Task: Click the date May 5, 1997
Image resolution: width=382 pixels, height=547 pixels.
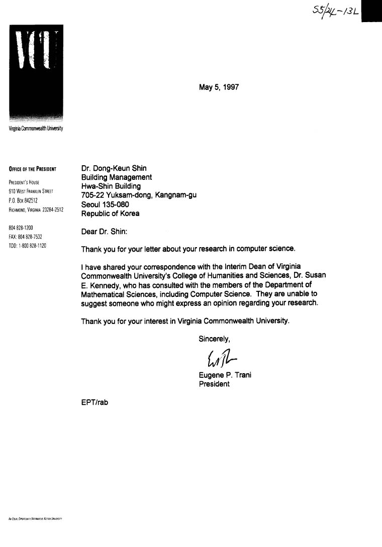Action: point(219,87)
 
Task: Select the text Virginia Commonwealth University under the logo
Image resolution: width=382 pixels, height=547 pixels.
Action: point(36,129)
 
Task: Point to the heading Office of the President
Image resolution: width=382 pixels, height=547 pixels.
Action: point(32,169)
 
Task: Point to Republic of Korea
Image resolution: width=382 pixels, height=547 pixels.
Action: point(111,213)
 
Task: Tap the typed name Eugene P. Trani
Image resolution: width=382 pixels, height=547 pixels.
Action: point(224,375)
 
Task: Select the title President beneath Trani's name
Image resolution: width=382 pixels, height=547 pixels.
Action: point(215,384)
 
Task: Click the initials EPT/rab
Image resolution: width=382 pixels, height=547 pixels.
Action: point(94,402)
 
